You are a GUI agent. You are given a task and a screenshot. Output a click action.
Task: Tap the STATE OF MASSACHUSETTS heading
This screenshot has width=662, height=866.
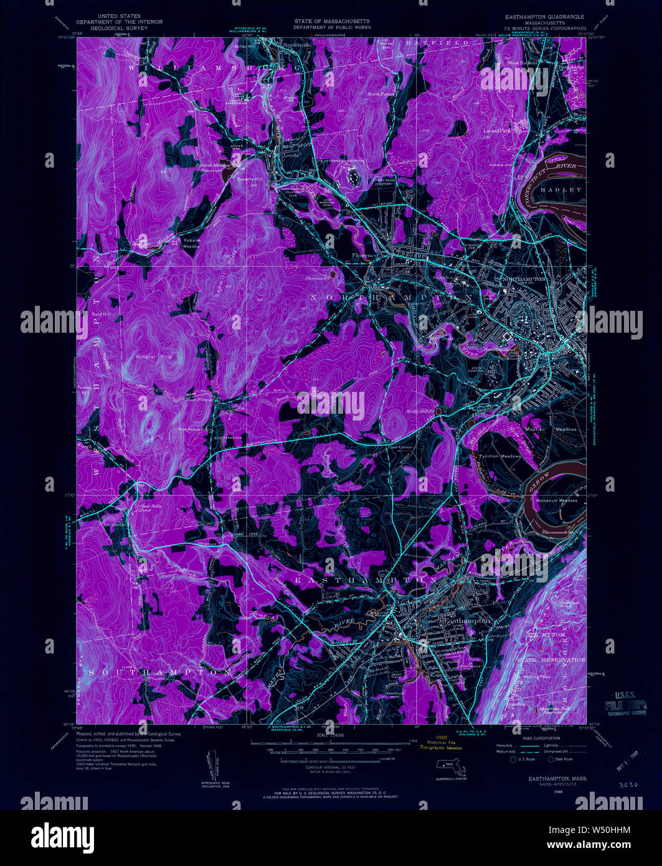click(332, 21)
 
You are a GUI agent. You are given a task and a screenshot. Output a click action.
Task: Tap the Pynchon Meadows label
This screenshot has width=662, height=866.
click(499, 457)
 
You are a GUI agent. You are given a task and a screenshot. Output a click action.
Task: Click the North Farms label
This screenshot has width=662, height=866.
click(382, 93)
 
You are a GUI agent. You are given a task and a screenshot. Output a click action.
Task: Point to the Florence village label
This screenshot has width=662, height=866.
click(364, 255)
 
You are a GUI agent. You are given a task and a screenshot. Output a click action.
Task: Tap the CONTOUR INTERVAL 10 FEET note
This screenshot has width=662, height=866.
click(332, 767)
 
